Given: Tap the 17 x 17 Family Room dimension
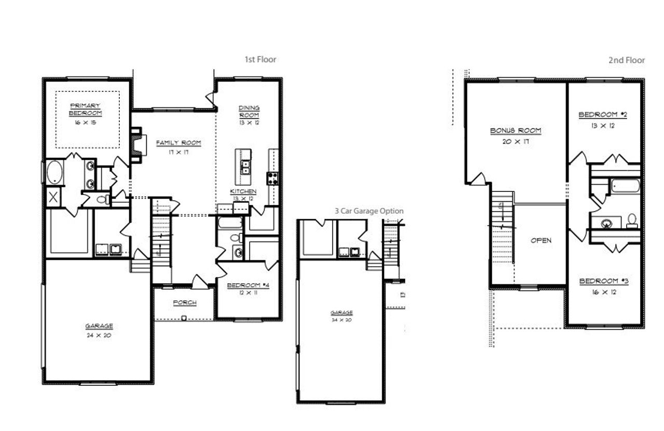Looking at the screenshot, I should (178, 152).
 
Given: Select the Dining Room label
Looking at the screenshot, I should (249, 111).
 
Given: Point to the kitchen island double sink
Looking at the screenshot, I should (244, 166).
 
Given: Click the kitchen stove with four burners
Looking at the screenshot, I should (272, 179).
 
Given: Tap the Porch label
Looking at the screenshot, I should (185, 303).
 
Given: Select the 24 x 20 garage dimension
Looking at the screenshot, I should (99, 335).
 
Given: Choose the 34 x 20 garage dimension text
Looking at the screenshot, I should (342, 321).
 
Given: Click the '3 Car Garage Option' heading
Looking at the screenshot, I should (369, 211).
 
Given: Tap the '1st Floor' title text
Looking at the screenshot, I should (260, 60).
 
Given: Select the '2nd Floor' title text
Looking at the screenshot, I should (627, 60).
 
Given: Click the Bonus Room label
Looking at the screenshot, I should (516, 131).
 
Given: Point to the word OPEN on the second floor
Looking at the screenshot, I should (541, 241).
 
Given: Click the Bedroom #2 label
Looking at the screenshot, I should (602, 115).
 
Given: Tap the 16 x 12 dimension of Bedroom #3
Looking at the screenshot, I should (603, 292).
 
